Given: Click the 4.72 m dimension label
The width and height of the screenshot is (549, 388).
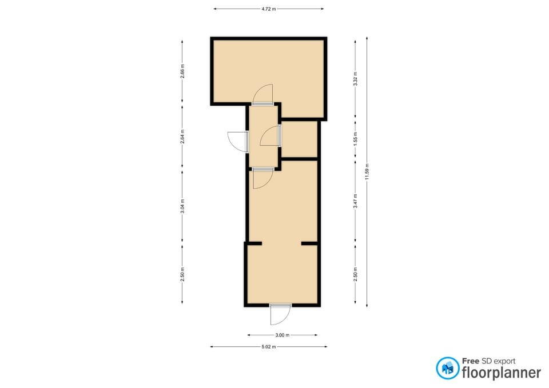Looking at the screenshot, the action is pos(269,9).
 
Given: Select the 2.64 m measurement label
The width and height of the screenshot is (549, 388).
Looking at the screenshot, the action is pos(182,137).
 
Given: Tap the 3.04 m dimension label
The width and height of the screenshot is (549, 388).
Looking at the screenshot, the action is pos(182,206).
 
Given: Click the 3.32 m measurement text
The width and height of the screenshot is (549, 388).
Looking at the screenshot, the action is pos(355,79).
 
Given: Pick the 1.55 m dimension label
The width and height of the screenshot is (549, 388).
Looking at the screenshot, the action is pos(355,139).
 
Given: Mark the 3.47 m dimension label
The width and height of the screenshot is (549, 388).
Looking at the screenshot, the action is pos(355,201).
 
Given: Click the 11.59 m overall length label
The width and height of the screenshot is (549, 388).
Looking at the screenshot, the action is pos(367,172).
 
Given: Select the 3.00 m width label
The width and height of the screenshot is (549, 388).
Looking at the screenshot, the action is pos(282,335).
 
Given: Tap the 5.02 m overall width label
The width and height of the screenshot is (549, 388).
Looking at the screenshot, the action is pos(269,347).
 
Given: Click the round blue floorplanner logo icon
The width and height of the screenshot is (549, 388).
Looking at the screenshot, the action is pos(447,368).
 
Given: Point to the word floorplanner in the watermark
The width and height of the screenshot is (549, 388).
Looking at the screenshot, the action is pos(502,373).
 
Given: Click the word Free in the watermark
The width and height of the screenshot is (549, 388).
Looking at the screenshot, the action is pos(471,361).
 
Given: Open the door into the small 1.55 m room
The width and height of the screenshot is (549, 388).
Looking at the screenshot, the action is pos(271,136).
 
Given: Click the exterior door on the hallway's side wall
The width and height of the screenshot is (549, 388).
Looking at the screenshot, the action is pos(238,142).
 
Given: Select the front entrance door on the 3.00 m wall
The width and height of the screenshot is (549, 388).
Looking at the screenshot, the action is pos(281,314).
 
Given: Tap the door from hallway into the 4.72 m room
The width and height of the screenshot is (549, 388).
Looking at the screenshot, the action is pos(262,94).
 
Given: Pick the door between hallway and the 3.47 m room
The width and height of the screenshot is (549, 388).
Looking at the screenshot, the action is pos(263,178).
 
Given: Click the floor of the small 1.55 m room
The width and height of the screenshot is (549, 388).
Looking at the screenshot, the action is pos(299,139).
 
